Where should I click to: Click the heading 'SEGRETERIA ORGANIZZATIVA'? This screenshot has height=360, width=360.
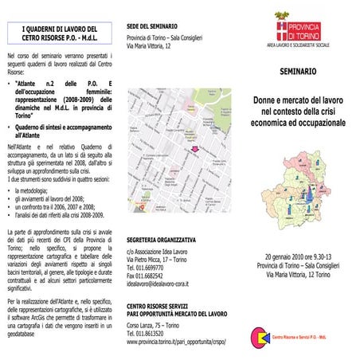click(162, 239)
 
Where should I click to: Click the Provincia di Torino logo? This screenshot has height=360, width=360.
click(306, 32)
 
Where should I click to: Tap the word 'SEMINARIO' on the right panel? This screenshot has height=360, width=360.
click(299, 72)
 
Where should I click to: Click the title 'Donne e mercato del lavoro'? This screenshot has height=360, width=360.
click(299, 103)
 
